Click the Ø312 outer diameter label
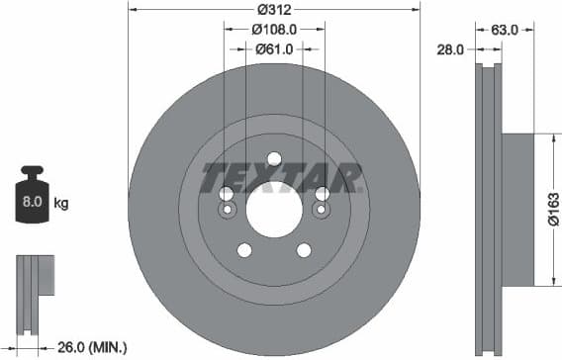[274, 11]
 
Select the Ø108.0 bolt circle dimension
[274, 29]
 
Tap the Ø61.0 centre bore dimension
[274, 47]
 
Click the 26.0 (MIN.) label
[90, 346]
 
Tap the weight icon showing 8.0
[31, 202]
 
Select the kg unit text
[61, 204]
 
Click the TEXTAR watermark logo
[281, 179]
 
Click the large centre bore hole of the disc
[274, 210]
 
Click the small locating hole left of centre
[227, 210]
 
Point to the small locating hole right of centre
[321, 210]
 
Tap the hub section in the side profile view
[518, 209]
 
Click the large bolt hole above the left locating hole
[227, 194]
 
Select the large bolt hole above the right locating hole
[322, 194]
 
